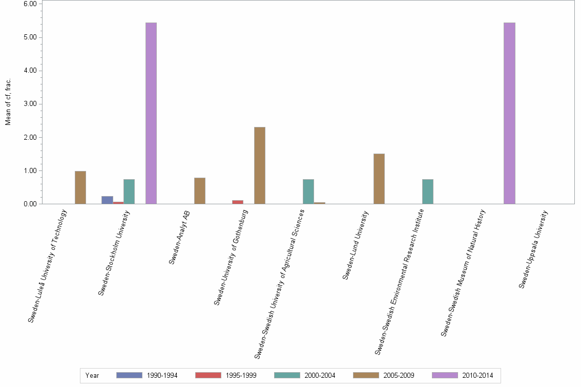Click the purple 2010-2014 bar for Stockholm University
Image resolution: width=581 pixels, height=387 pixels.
(x=151, y=113)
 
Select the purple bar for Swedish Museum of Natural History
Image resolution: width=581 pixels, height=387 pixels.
(x=509, y=113)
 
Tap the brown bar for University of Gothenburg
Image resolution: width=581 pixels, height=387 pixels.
(x=260, y=165)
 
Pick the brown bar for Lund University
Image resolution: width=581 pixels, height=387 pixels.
(x=379, y=179)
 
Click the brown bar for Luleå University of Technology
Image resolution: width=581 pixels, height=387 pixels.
(x=80, y=187)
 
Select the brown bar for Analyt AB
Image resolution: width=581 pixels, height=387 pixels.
(x=200, y=190)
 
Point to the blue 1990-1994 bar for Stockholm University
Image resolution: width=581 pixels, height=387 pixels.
(x=107, y=200)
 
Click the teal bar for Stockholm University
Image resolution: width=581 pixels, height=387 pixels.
(x=129, y=191)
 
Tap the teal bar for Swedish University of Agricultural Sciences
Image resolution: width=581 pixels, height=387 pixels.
(x=308, y=191)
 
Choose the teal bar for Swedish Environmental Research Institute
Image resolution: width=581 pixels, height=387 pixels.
(x=428, y=191)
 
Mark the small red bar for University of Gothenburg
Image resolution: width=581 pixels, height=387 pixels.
(x=238, y=202)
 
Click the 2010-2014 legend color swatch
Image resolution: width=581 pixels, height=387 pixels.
(x=445, y=375)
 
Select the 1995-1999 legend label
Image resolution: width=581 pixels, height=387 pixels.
(x=241, y=376)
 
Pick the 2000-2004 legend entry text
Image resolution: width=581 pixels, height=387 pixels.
(x=320, y=376)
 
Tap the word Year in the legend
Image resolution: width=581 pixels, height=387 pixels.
(x=92, y=376)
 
